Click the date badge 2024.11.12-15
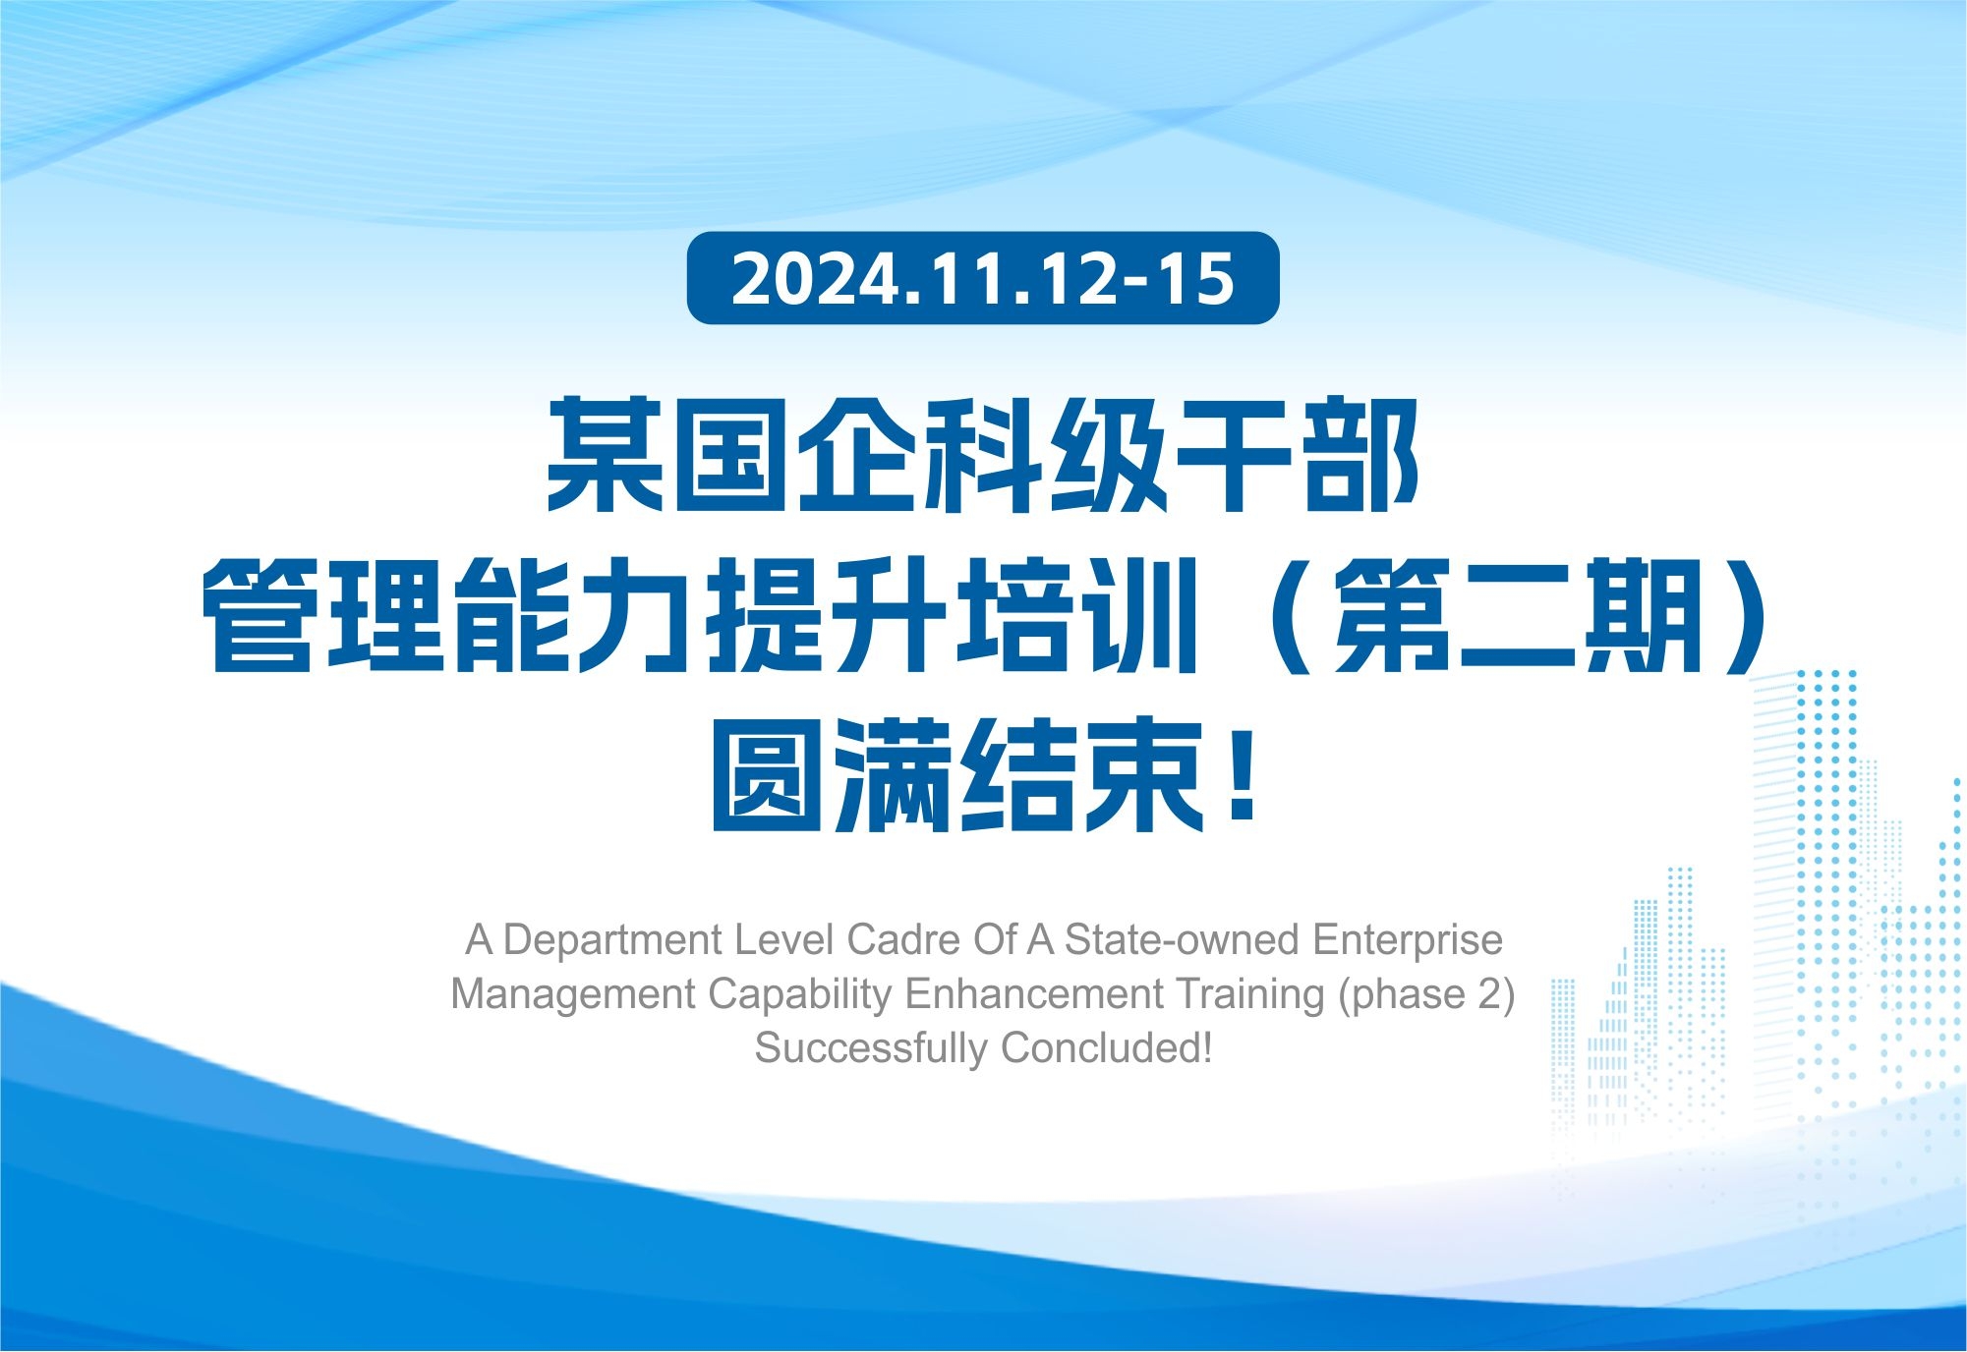click(983, 278)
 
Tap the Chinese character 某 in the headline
click(606, 455)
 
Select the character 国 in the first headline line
click(730, 455)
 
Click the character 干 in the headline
click(1234, 455)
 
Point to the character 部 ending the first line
click(1360, 455)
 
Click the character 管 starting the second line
click(259, 615)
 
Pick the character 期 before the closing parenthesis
click(1644, 615)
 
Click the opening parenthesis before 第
click(1289, 616)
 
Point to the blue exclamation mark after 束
click(1243, 775)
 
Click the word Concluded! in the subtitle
click(1106, 1048)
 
